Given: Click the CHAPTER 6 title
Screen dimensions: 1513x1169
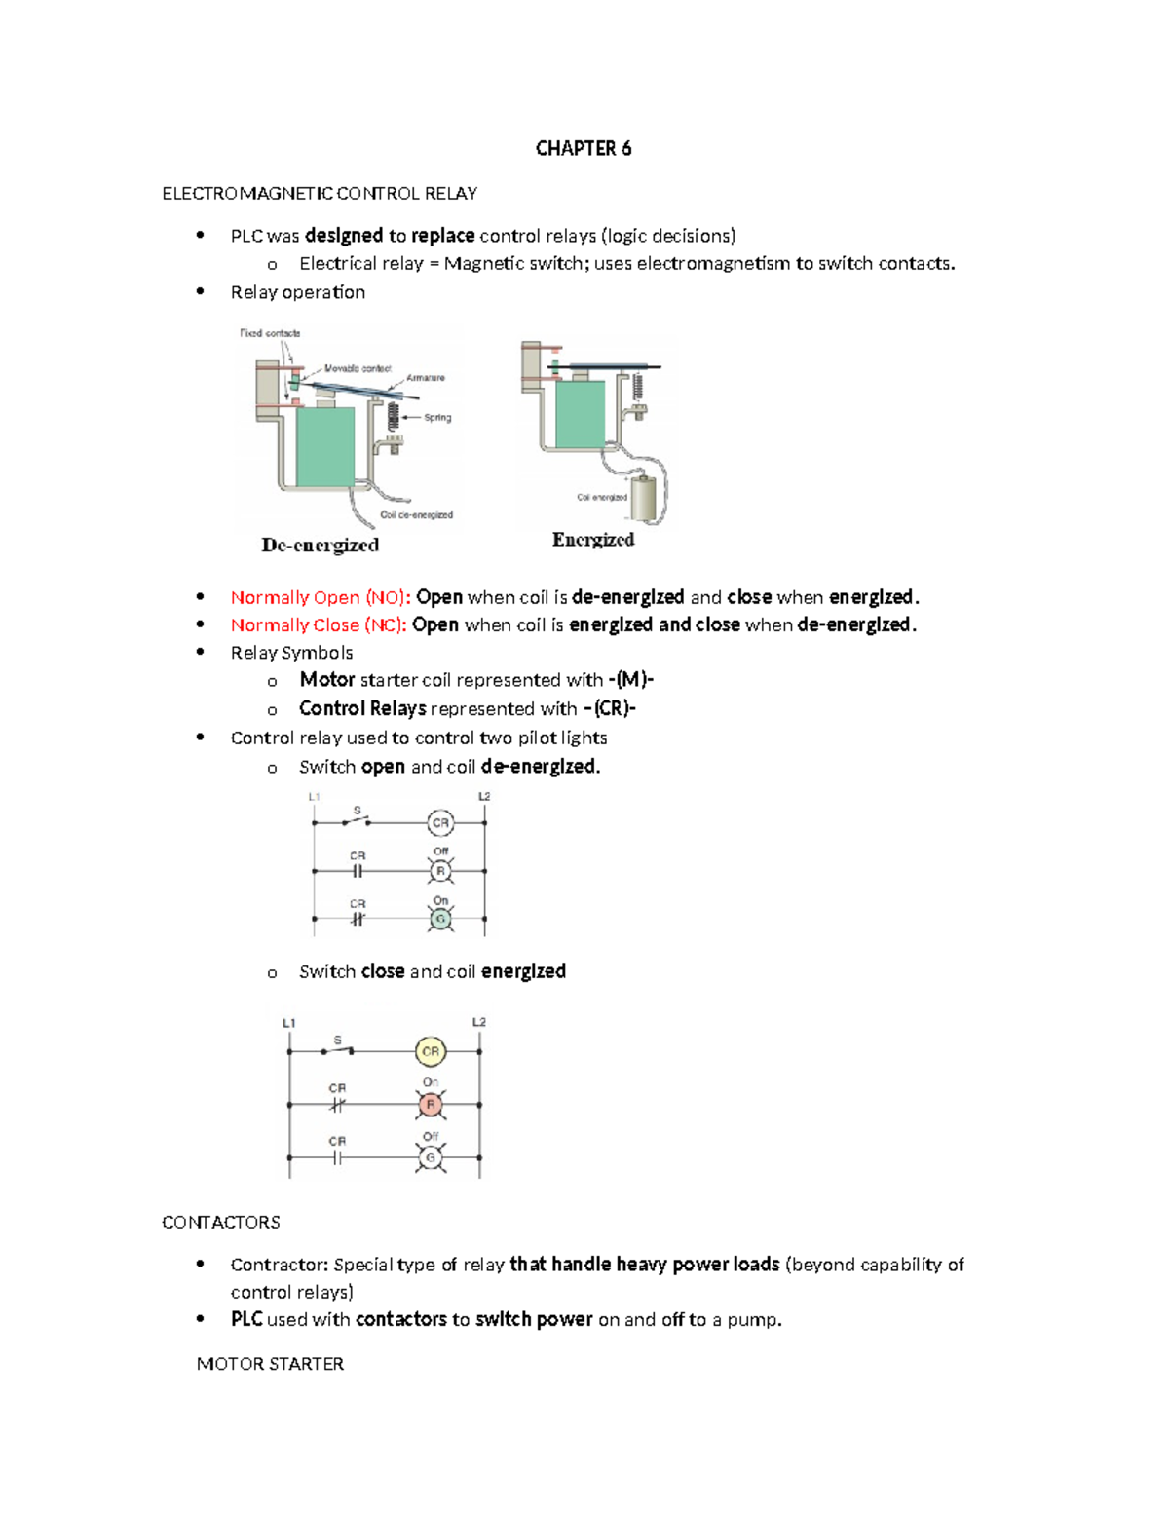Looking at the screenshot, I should [583, 148].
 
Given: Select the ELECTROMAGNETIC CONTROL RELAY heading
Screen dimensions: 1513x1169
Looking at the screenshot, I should [319, 193].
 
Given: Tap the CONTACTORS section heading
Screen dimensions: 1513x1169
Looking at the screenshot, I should [220, 1222].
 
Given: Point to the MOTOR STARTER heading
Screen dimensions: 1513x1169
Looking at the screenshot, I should [270, 1364].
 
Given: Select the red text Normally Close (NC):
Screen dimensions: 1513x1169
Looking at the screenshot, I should [318, 624].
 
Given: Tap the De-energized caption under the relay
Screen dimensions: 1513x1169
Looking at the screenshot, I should [320, 545].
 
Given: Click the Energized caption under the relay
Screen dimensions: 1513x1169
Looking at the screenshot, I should [592, 539].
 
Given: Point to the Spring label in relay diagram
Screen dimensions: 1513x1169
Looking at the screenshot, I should [436, 417].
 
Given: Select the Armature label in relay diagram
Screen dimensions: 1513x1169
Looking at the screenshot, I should [426, 378].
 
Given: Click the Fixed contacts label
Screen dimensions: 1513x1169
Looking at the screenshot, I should [270, 333].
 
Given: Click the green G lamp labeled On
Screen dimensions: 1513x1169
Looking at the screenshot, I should [440, 919].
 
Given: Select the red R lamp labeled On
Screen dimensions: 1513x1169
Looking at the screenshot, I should [430, 1105].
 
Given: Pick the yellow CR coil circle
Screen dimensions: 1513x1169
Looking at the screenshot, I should [430, 1051].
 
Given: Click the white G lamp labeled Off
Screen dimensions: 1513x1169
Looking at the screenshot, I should [430, 1157].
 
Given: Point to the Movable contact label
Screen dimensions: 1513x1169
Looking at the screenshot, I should [357, 368].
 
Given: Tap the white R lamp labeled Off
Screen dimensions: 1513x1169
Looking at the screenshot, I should [440, 871].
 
